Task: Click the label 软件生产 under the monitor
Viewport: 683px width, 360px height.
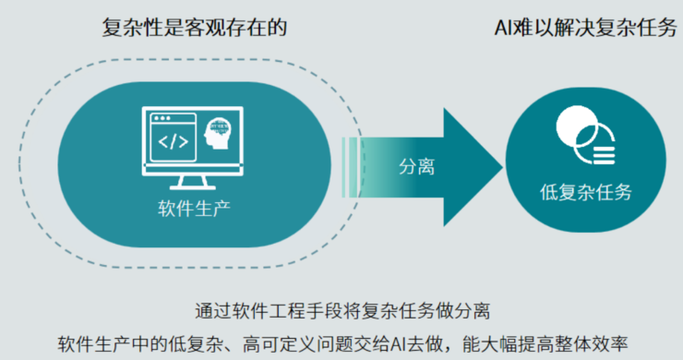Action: click(x=193, y=205)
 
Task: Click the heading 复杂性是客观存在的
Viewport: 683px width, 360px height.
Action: click(x=195, y=27)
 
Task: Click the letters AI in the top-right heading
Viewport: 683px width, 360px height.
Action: click(x=504, y=27)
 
